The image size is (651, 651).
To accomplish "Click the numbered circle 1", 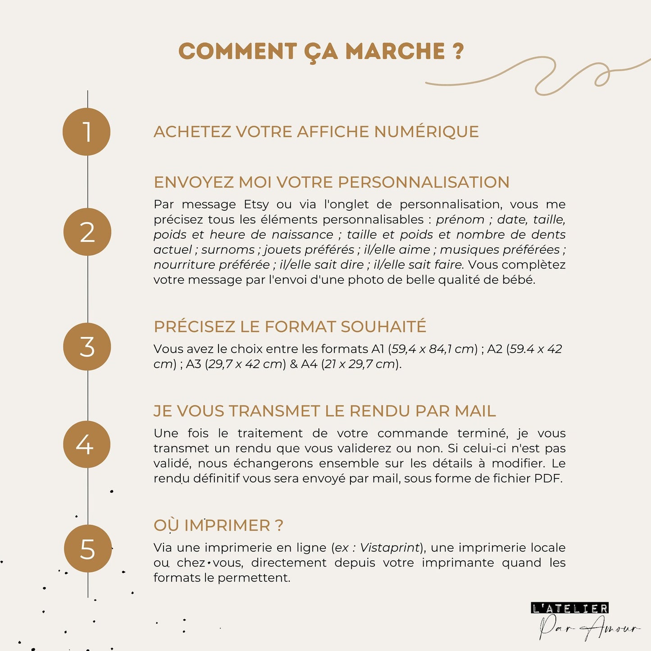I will pyautogui.click(x=86, y=132).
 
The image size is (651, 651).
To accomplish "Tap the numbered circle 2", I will pyautogui.click(x=87, y=232).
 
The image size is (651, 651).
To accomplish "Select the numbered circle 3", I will pyautogui.click(x=87, y=346).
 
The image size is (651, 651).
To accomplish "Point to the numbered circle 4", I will pyautogui.click(x=86, y=444).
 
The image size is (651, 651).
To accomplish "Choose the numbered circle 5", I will pyautogui.click(x=87, y=548).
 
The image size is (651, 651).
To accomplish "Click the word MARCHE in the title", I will pyautogui.click(x=395, y=51).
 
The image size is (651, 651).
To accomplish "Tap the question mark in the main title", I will pyautogui.click(x=458, y=51).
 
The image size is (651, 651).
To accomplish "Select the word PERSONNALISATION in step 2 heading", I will pyautogui.click(x=423, y=182).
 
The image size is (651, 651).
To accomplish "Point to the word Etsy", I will pyautogui.click(x=256, y=205).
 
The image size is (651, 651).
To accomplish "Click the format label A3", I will pyautogui.click(x=193, y=364).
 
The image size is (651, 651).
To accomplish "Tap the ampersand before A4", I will pyautogui.click(x=294, y=364).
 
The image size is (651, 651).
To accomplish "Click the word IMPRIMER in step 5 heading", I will pyautogui.click(x=227, y=525).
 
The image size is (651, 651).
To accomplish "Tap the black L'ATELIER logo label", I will pyautogui.click(x=570, y=608).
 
